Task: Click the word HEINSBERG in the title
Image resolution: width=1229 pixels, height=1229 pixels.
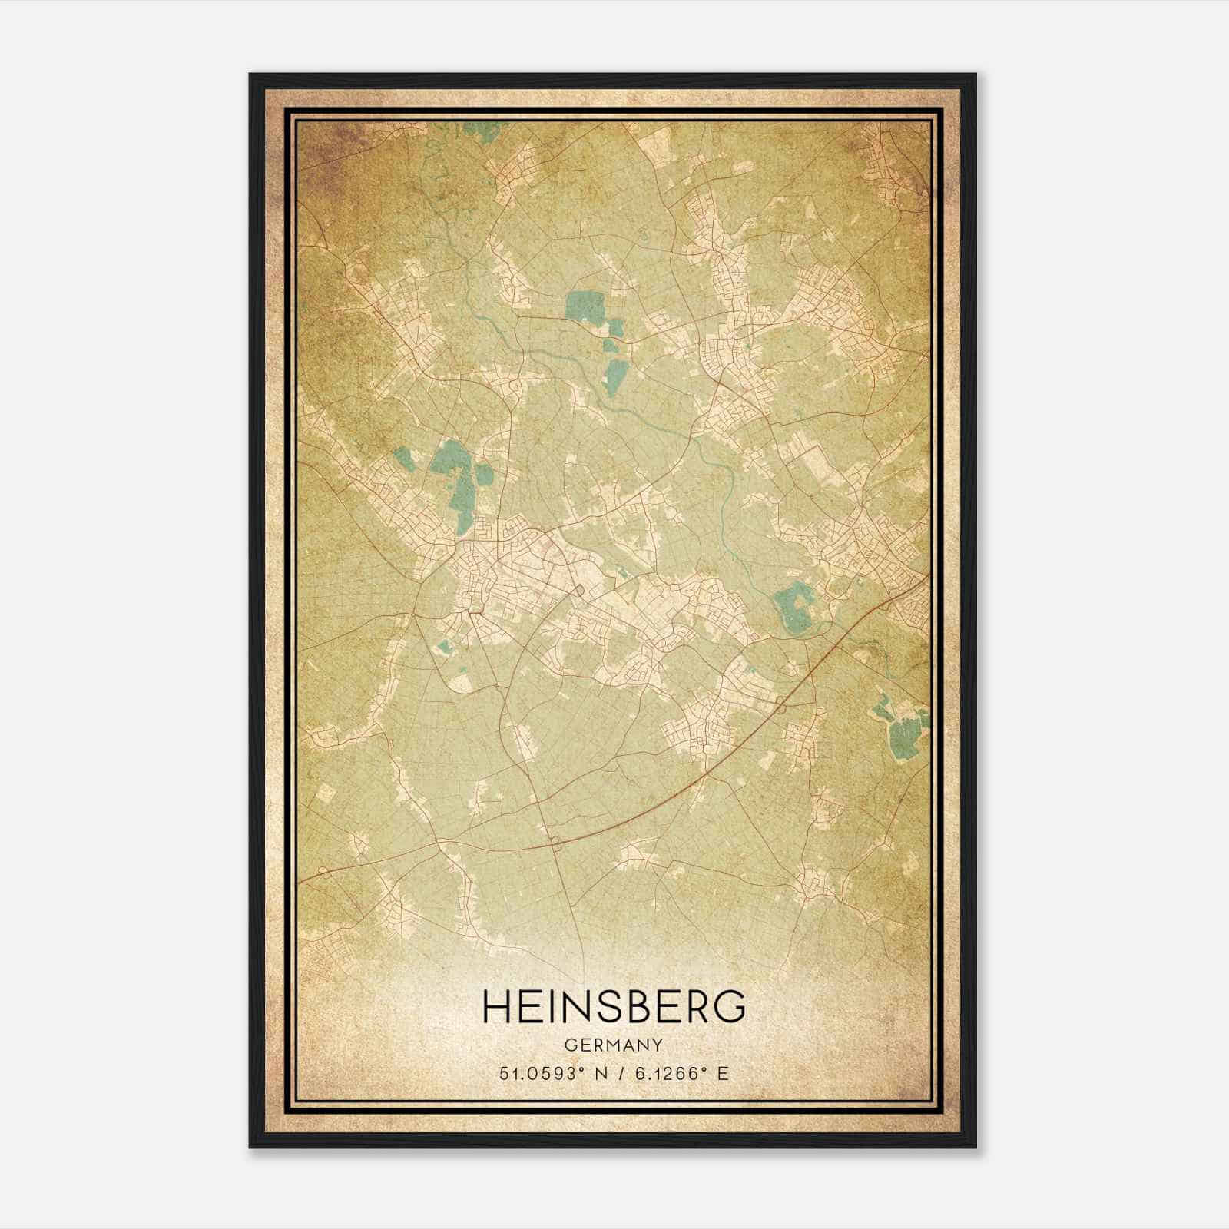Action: [614, 1005]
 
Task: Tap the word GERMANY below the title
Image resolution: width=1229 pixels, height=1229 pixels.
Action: [614, 1045]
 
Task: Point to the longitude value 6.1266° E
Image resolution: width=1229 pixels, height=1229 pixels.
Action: [678, 1074]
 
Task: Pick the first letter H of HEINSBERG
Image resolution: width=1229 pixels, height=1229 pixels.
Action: [495, 1005]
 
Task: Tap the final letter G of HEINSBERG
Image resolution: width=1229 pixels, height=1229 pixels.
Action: [732, 1005]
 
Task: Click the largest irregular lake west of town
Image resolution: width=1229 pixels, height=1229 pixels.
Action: [453, 480]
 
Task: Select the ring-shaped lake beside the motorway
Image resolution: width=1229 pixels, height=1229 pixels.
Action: [794, 607]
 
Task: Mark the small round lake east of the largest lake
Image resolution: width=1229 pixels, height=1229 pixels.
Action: [484, 475]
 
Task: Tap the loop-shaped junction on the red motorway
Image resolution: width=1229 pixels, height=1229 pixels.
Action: [781, 705]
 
